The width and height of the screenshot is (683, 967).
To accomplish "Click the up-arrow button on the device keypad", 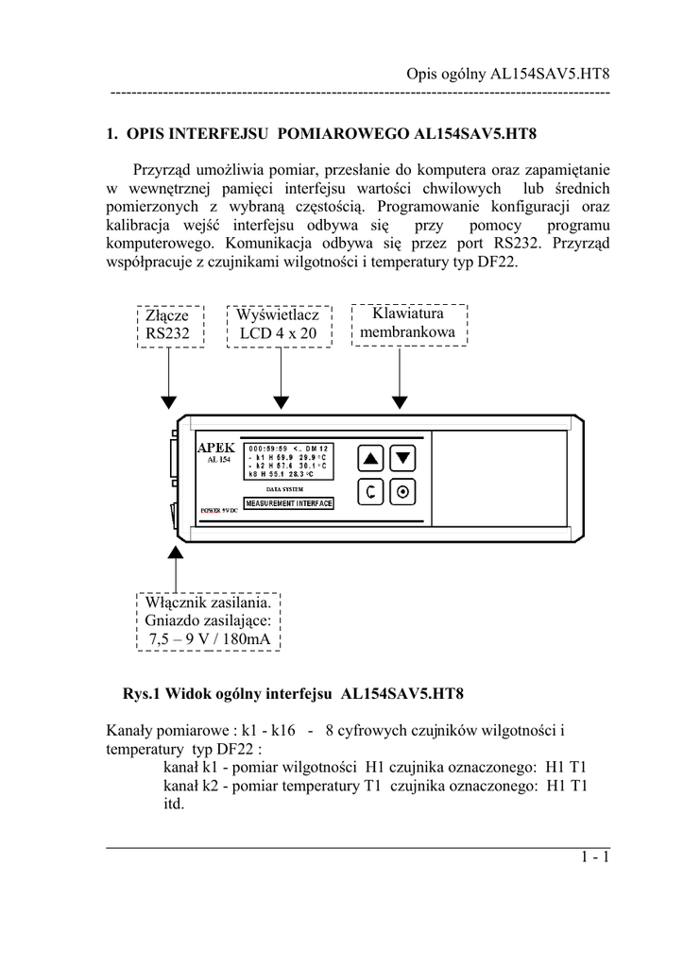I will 370,459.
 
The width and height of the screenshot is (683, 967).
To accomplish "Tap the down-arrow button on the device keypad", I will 403,459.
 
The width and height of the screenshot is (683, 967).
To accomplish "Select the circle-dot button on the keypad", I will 403,492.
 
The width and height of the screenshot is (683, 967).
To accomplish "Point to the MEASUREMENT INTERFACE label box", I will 288,504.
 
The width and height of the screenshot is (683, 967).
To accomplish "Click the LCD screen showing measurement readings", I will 288,461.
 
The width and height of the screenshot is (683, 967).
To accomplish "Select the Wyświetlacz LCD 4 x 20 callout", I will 278,324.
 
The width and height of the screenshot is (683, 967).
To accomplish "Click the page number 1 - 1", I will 596,857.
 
